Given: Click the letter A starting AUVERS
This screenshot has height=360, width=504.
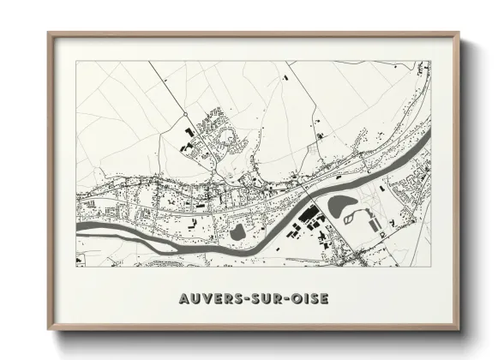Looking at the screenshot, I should tap(183, 299).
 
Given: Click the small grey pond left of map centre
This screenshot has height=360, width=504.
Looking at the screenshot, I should tap(236, 231).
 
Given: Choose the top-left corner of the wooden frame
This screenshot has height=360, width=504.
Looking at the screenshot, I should tap(49, 33).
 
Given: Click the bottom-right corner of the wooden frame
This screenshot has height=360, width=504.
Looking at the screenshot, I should tap(459, 330).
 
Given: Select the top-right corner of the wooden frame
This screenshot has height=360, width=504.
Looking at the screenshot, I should tap(459, 33).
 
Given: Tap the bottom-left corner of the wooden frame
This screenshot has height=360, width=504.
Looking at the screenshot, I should tap(49, 330).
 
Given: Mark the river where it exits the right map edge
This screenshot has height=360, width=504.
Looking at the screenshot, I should tap(428, 135).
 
